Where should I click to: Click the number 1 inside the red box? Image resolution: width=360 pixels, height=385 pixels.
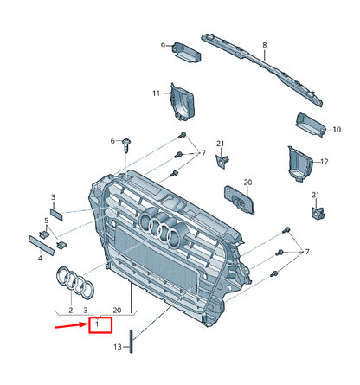pos(98,325)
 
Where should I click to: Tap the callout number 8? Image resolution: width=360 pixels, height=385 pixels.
pos(265,44)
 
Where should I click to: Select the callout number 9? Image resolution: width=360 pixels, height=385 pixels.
pos(162,45)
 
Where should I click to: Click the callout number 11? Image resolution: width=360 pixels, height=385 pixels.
pos(157,93)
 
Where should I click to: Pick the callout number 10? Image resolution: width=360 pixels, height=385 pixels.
pos(337,129)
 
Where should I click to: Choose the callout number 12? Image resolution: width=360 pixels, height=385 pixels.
pos(325,162)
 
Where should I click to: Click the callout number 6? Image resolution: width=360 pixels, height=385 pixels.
pos(112,140)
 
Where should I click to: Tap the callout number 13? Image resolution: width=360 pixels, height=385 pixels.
pos(119,347)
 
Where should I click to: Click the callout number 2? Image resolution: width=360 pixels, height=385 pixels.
pos(70,308)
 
